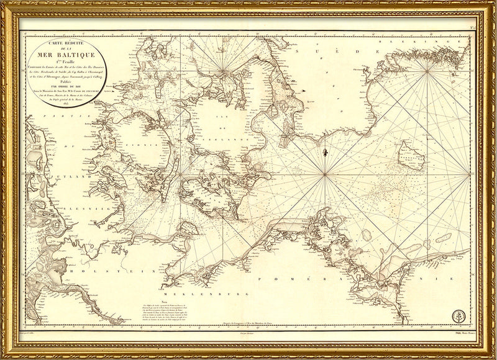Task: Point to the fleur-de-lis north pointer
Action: coord(325,152)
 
